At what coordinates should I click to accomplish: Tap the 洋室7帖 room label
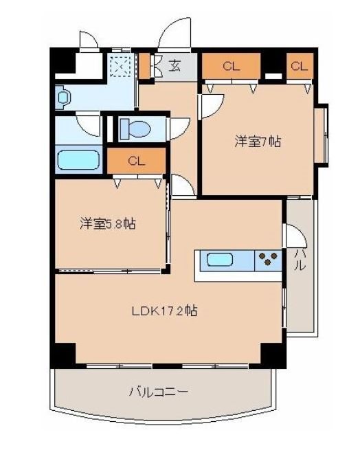[x=258, y=142]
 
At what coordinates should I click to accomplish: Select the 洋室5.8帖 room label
[x=106, y=223]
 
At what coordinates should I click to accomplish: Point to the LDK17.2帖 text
[x=165, y=311]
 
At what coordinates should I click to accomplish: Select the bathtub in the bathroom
[x=78, y=161]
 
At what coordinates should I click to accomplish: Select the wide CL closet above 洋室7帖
[x=231, y=66]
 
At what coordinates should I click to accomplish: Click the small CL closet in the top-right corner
[x=298, y=66]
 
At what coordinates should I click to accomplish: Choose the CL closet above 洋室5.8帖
[x=136, y=161]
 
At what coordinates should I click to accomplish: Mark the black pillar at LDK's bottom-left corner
[x=63, y=355]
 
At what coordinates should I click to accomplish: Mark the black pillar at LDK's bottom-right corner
[x=273, y=355]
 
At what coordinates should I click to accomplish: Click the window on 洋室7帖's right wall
[x=321, y=135]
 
